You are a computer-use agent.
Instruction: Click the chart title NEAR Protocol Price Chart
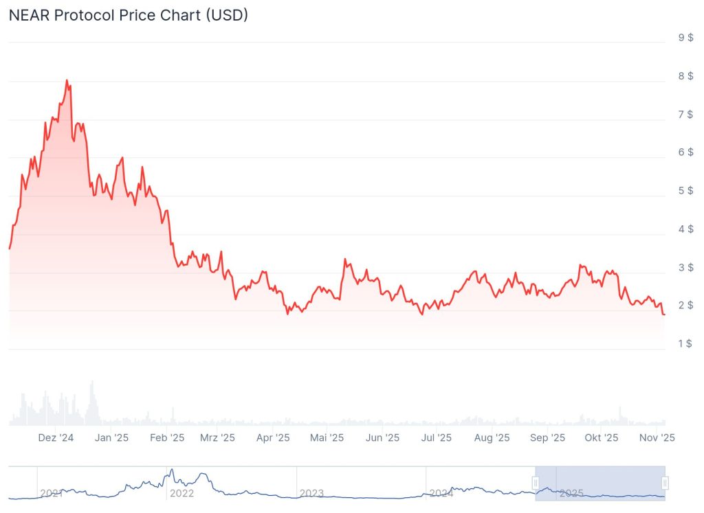tap(128, 15)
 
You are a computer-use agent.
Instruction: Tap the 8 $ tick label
tap(685, 76)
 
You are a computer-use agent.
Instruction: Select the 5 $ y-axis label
tap(685, 191)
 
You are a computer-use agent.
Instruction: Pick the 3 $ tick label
tap(685, 268)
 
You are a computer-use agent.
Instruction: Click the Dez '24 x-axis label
tap(56, 437)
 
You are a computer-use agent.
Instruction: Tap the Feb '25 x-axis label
tap(167, 437)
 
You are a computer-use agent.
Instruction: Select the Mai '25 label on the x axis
tap(327, 437)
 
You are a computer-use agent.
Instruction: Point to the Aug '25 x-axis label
tap(492, 437)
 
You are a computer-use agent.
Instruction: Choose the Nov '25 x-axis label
tap(658, 437)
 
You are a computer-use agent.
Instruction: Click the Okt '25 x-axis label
tap(602, 437)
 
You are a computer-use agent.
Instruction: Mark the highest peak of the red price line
tap(67, 80)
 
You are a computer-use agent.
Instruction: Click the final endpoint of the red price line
tap(664, 315)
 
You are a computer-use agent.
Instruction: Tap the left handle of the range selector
tap(536, 483)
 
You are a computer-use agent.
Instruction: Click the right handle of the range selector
tap(665, 483)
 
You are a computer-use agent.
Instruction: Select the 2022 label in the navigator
tap(181, 493)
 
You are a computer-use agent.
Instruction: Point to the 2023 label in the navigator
tap(311, 493)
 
